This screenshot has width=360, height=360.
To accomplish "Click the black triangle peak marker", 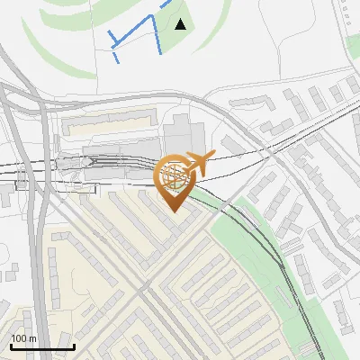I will [181, 24].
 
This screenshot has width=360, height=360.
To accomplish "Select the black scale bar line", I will [42, 346].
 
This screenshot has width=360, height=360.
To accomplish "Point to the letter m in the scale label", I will [32, 338].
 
